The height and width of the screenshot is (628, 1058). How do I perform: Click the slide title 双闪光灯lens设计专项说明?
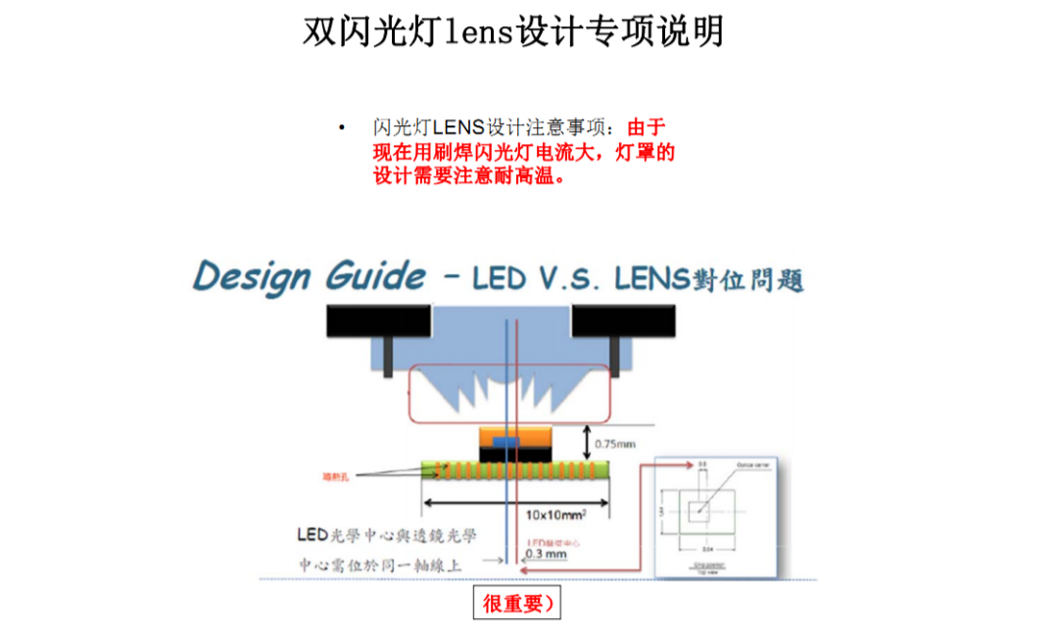513,31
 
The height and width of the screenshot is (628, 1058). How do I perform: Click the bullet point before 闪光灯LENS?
342,128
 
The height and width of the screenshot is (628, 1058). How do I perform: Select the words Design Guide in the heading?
310,276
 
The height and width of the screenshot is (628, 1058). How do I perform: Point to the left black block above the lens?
379,318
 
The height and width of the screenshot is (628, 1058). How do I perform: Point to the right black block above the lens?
624,318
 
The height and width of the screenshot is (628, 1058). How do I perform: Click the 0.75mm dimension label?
615,443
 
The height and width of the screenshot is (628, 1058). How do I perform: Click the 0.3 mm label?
546,554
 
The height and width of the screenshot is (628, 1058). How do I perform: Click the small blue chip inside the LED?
503,442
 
